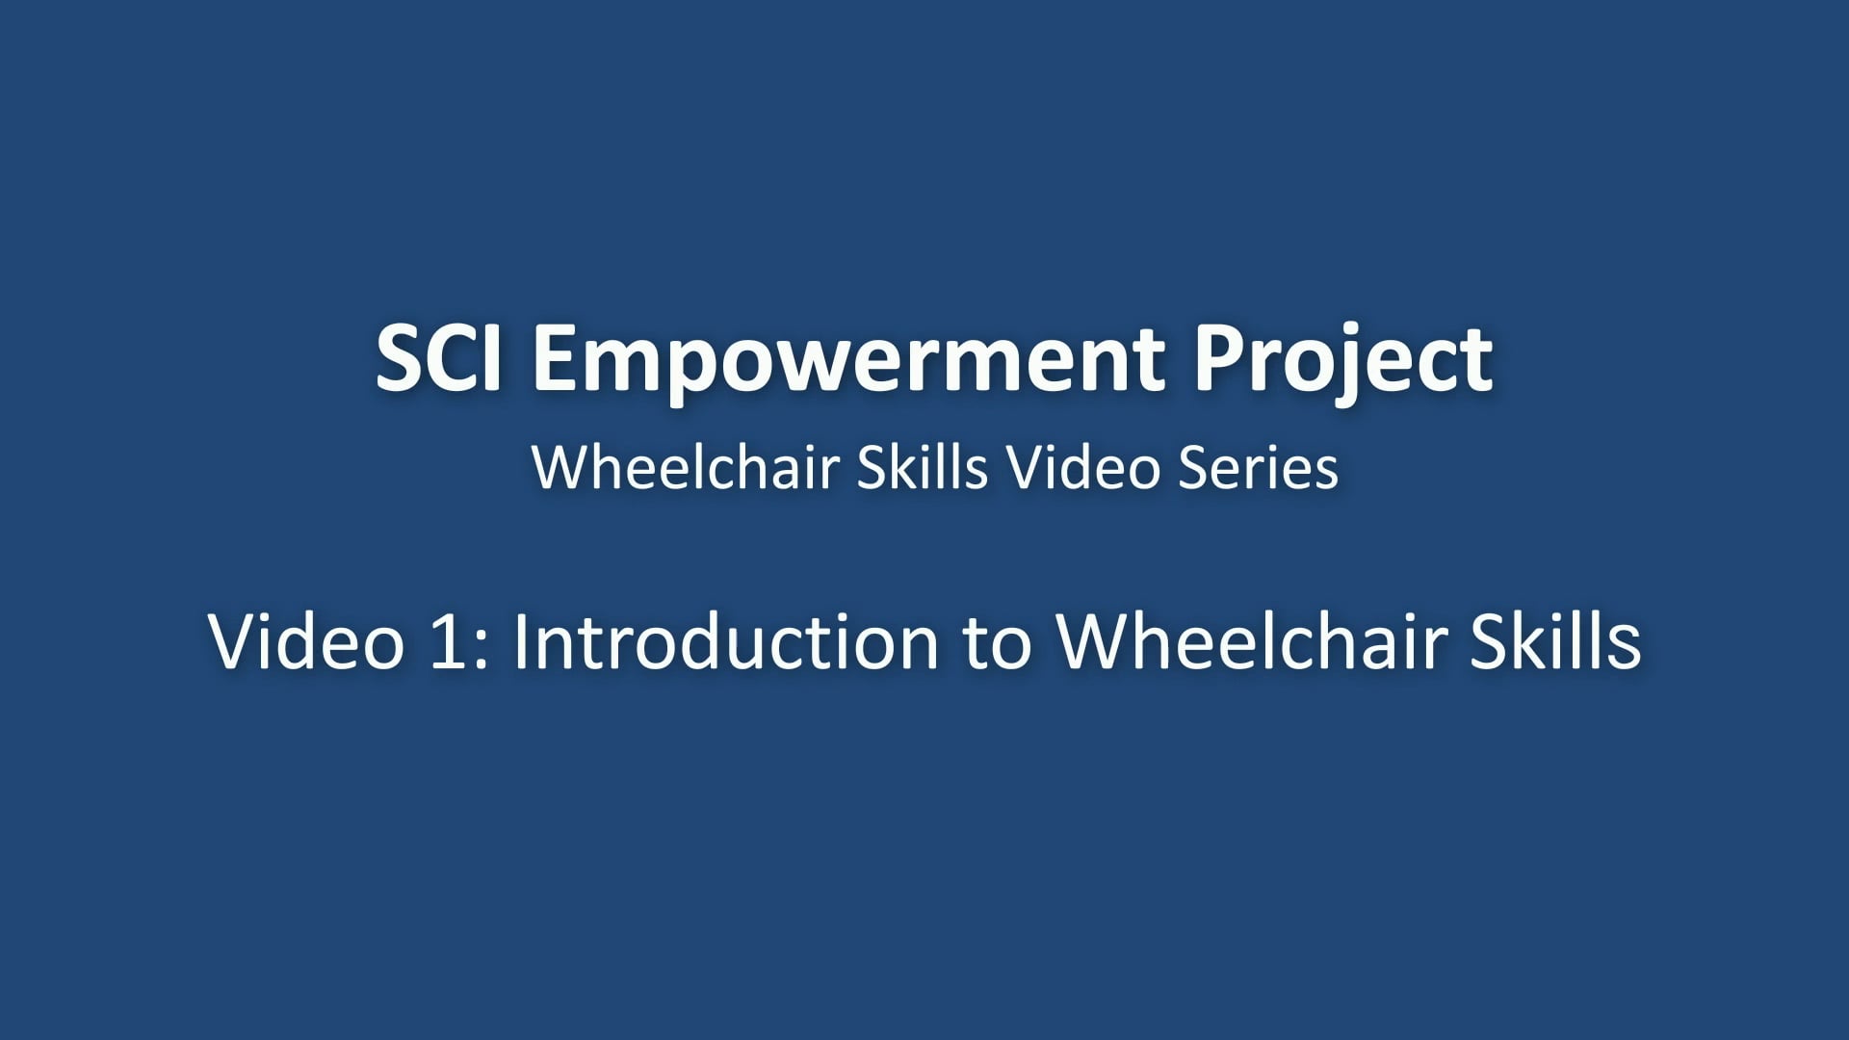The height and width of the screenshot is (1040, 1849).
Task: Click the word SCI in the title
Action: click(438, 358)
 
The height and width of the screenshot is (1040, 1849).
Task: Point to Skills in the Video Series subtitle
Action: click(922, 468)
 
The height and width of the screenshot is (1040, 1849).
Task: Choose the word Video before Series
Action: click(1082, 468)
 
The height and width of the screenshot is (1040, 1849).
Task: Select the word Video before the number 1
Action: click(305, 641)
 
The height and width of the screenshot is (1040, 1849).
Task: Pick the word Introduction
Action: click(724, 641)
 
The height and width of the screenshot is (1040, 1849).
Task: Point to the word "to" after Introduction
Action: click(997, 641)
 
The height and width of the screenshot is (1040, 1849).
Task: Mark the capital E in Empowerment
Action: click(555, 358)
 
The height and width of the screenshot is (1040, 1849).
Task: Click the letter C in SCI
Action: click(451, 358)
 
